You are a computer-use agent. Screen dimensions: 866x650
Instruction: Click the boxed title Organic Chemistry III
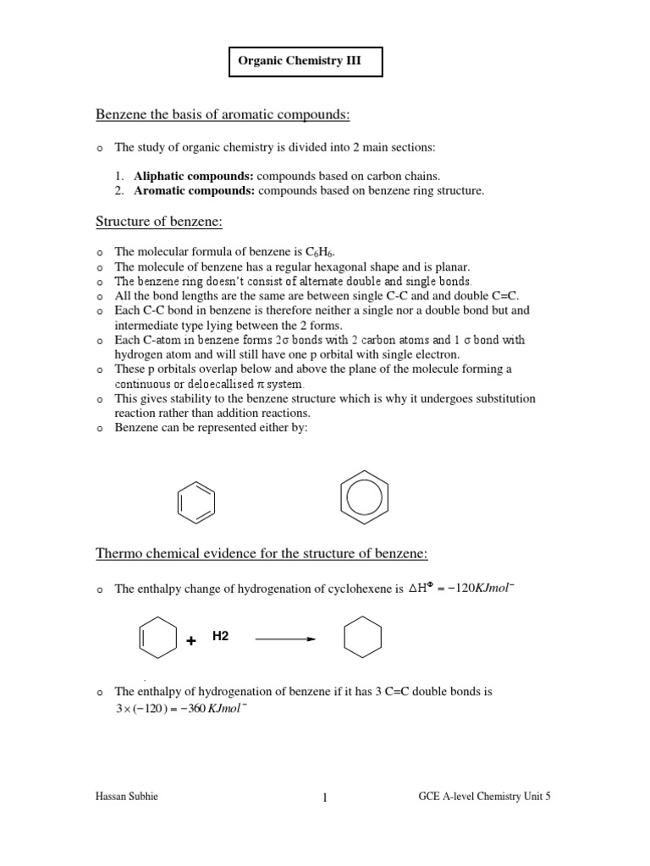coord(306,63)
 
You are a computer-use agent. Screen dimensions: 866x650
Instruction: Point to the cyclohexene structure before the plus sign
coord(157,639)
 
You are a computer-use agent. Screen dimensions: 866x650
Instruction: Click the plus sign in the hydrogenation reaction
coord(191,642)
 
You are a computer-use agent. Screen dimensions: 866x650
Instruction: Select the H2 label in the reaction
coord(221,636)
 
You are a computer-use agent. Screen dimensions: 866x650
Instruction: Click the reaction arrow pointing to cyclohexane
coord(285,639)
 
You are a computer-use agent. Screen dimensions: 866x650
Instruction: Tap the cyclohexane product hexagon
coord(362,639)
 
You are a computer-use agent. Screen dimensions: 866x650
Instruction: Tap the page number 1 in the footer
coord(324,797)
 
